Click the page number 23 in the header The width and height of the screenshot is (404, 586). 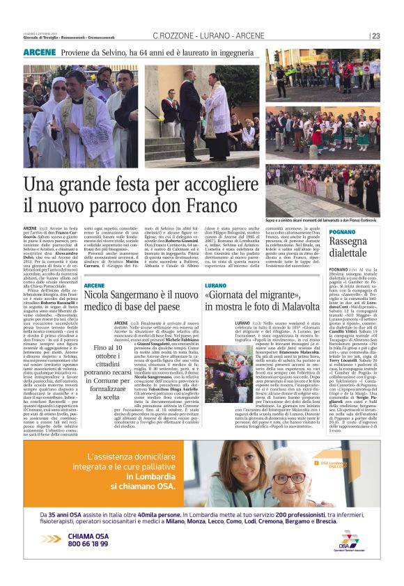pyautogui.click(x=376, y=36)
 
